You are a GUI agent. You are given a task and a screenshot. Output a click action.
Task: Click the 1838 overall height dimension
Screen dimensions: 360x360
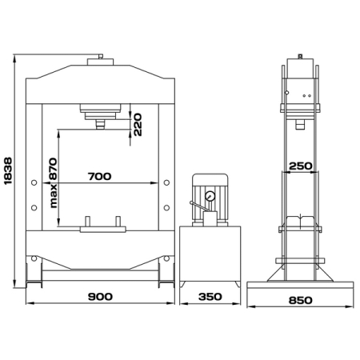(x=8, y=171)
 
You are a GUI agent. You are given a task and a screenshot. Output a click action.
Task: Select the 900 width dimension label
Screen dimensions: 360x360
(x=100, y=297)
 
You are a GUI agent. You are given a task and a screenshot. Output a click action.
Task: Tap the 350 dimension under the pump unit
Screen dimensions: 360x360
(x=210, y=297)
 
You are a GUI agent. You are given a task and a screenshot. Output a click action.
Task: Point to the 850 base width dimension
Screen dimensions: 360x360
(x=300, y=300)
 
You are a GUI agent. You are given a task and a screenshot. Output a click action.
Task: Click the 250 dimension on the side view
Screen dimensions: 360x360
(x=301, y=166)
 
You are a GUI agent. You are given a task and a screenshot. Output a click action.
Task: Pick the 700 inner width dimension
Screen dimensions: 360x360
(x=99, y=176)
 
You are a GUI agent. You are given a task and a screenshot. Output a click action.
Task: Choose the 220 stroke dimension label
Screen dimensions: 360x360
(x=138, y=125)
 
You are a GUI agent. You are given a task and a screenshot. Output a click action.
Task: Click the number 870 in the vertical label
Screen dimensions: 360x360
(x=54, y=169)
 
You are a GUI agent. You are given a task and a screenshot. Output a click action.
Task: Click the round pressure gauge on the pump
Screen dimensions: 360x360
(x=210, y=197)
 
